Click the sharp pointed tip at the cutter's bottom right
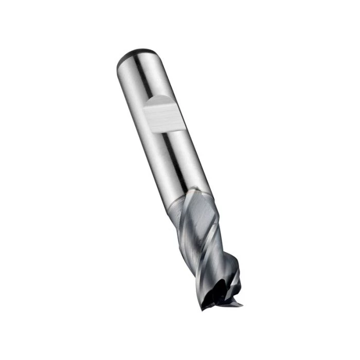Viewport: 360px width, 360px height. pos(241,305)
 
